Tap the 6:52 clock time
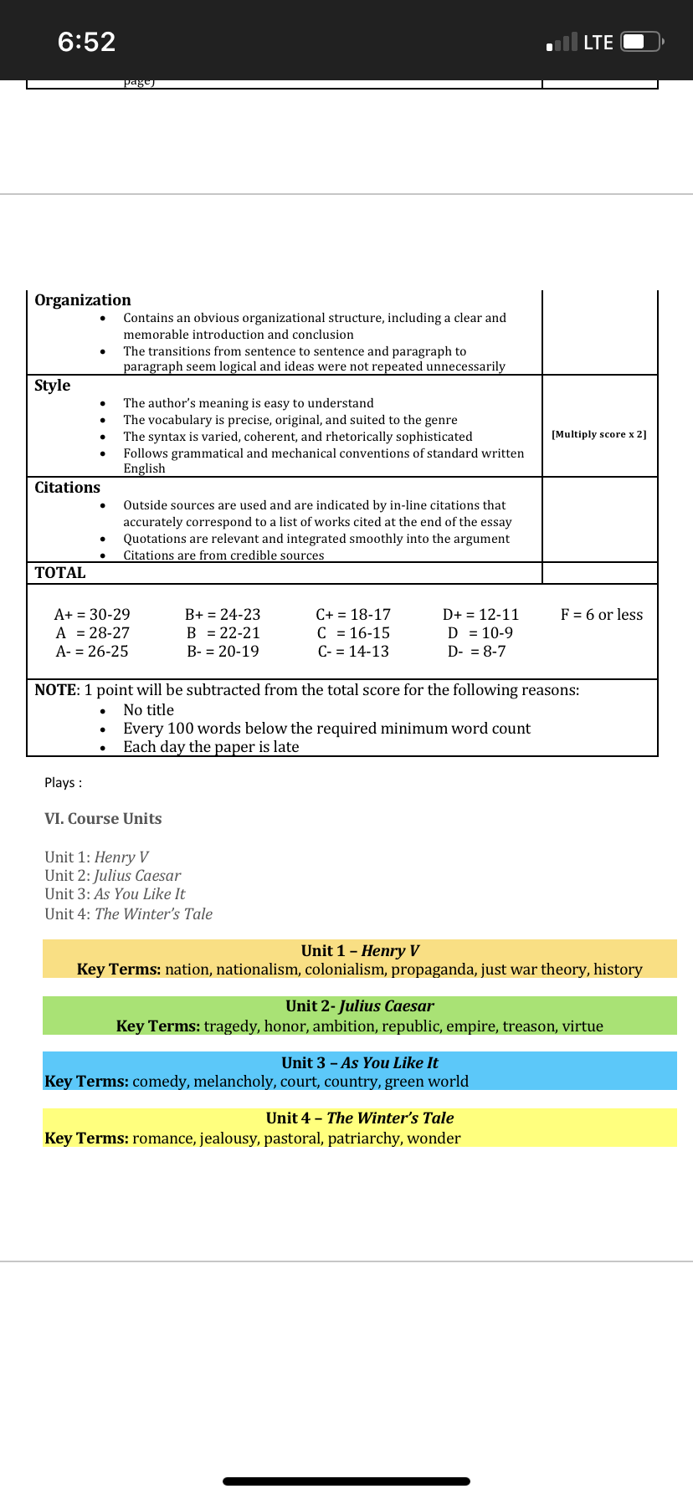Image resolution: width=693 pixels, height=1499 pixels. [x=86, y=42]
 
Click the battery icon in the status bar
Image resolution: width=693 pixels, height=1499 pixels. [x=642, y=42]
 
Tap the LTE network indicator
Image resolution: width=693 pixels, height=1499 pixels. [x=598, y=43]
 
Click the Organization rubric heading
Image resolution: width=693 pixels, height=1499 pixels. [x=83, y=299]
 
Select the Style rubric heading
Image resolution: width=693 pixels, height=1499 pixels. [x=52, y=385]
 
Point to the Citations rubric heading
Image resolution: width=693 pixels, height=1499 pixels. [x=67, y=487]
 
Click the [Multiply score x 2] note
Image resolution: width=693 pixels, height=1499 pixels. [x=598, y=434]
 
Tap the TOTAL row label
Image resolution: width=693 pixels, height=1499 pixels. [x=60, y=572]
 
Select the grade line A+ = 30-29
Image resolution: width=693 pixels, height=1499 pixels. [x=92, y=614]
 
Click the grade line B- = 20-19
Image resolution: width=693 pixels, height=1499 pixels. [x=223, y=651]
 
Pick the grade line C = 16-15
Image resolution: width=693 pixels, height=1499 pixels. [x=353, y=632]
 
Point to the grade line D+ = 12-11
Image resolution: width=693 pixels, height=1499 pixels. [x=480, y=614]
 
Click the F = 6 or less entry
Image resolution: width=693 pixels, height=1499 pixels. [x=602, y=614]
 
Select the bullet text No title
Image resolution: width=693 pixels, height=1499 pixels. [x=148, y=709]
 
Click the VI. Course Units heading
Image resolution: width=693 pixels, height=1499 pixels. [x=103, y=818]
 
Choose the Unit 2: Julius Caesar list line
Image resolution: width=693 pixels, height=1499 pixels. [x=112, y=875]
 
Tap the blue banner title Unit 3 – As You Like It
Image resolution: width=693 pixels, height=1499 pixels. [x=360, y=1062]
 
